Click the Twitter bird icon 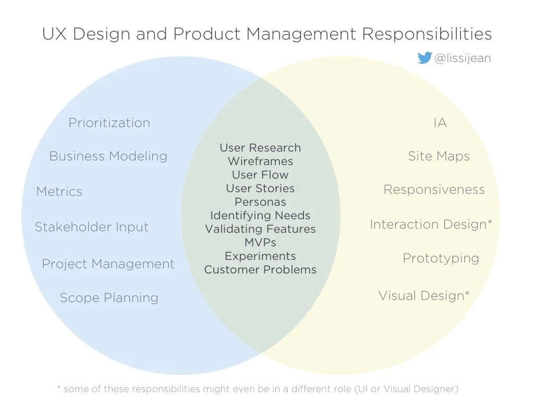424,58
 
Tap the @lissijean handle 463,58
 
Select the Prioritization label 110,123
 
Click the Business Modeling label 108,156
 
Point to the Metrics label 59,192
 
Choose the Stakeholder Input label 92,227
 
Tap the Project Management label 108,264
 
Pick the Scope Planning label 109,298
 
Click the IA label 440,123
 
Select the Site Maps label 439,156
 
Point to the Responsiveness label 434,190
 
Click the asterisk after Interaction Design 490,222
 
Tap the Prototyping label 441,258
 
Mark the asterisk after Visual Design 467,294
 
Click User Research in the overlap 260,148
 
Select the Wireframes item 260,161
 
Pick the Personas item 260,202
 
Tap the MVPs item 260,243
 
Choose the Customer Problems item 260,270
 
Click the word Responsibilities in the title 427,34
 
